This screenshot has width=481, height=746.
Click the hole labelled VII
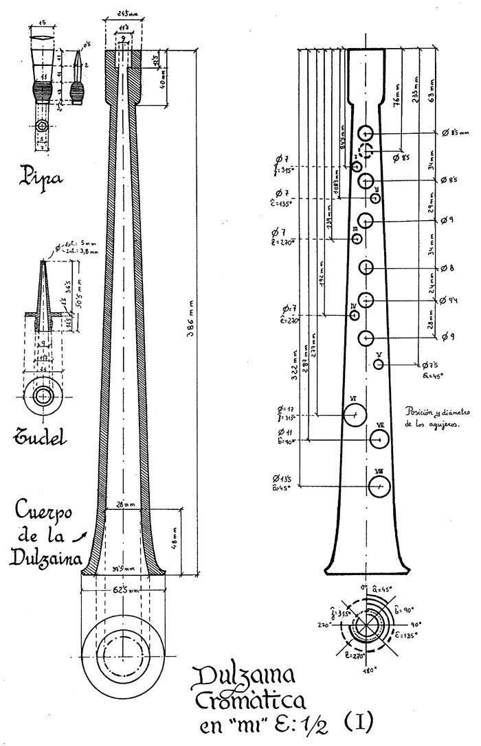click(379, 439)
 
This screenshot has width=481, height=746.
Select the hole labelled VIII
click(379, 485)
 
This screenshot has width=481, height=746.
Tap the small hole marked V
click(378, 364)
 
